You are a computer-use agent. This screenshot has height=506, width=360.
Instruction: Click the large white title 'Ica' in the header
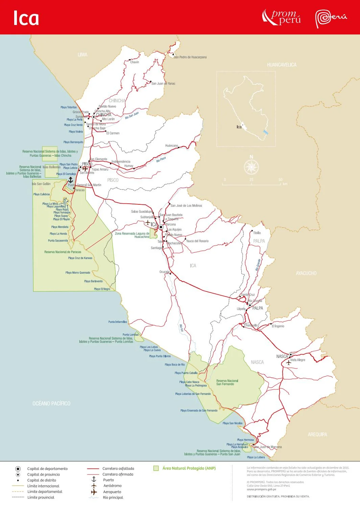point(26,18)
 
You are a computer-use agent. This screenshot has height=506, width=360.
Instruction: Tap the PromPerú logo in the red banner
point(281,17)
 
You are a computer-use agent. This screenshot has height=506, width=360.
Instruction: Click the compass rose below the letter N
point(251,167)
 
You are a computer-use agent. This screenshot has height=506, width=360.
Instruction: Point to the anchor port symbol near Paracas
point(71,180)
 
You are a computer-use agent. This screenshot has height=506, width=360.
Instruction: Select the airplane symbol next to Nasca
point(288,362)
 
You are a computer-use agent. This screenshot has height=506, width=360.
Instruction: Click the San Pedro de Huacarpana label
point(190,57)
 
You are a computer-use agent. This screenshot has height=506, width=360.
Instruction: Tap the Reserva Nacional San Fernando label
point(227,382)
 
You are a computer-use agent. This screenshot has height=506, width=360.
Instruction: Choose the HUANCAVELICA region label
point(282,65)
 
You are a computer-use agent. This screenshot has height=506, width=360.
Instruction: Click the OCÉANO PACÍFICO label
point(51,403)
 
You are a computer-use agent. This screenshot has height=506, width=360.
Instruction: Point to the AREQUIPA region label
point(317,434)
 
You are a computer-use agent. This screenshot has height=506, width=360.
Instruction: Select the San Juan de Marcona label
point(268,447)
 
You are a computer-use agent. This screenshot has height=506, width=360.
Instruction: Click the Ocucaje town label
point(164,272)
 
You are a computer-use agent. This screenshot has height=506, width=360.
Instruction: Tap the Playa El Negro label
point(102,289)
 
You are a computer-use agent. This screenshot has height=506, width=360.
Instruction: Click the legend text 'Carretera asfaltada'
point(118,469)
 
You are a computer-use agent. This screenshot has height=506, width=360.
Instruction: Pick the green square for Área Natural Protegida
point(156,468)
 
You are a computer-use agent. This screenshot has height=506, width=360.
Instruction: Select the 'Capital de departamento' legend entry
point(47,469)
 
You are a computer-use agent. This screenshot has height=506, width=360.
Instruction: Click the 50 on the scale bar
point(280,180)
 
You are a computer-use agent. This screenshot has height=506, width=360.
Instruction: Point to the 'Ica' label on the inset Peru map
point(239,127)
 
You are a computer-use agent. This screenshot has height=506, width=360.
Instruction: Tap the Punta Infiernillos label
point(118,322)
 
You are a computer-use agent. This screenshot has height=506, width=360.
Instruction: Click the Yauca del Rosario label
point(197,241)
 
